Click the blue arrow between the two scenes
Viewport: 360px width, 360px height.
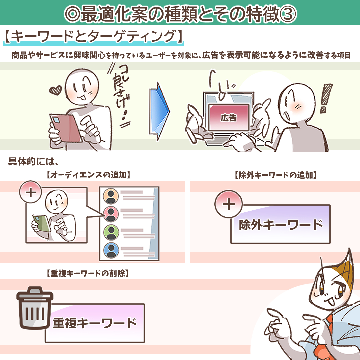coord(160,110)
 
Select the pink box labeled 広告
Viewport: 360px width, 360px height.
coord(228,117)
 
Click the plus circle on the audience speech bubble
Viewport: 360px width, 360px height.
coord(31,193)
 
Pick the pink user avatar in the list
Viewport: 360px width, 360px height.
coord(111,214)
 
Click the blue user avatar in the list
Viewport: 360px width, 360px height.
coord(111,249)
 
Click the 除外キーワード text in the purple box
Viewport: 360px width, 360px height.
coord(281,225)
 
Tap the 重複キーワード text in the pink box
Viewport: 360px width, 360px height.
coord(95,323)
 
